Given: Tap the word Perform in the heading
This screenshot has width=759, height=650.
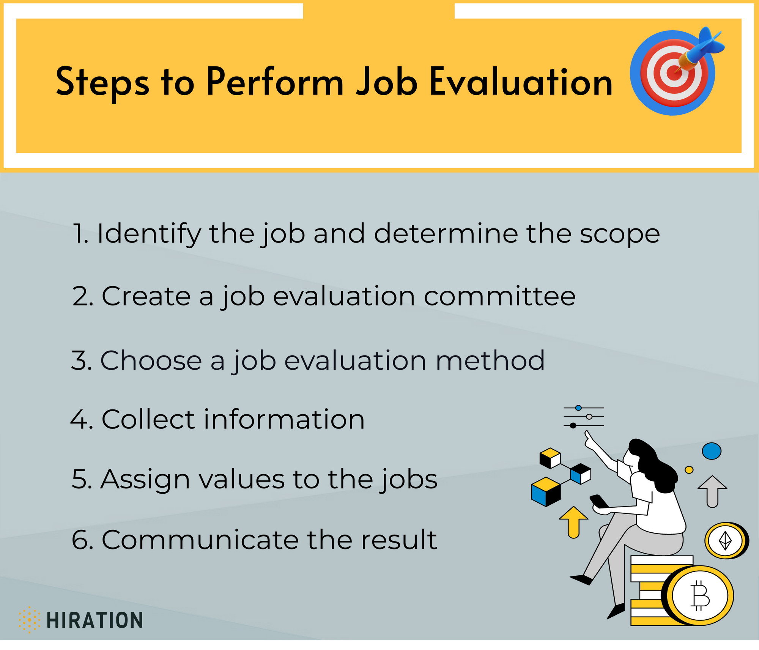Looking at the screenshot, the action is (275, 82).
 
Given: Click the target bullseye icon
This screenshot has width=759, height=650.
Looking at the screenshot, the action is (672, 73).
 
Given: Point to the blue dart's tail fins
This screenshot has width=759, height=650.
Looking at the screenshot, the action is (710, 40).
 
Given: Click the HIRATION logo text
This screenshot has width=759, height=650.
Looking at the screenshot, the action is (94, 620).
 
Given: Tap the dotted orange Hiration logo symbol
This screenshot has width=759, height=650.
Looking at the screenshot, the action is (29, 620).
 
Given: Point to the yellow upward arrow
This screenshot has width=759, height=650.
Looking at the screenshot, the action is (573, 522).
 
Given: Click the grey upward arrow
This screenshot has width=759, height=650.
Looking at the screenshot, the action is (712, 491).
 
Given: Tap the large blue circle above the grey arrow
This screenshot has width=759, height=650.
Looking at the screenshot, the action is (712, 451).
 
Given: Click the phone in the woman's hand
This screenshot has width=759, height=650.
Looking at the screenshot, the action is (599, 501).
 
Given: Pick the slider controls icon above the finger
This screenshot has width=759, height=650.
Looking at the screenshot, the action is (584, 417).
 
